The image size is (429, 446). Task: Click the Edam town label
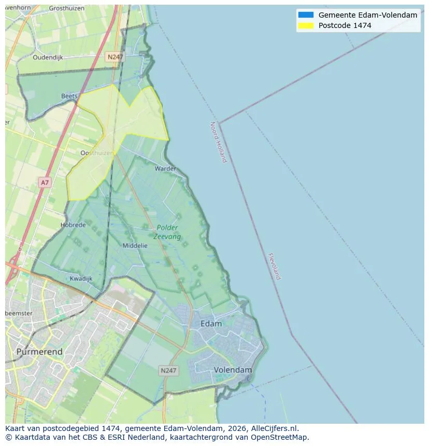tap(211, 324)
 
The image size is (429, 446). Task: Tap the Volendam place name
tap(233, 370)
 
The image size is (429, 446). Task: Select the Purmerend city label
tap(39, 352)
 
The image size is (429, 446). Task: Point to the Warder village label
tap(165, 168)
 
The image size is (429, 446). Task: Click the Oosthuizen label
tap(97, 153)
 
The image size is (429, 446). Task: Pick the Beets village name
tap(69, 96)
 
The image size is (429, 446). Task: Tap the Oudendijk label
tap(48, 57)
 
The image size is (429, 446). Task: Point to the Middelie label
tap(135, 246)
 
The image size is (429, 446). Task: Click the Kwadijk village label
tap(81, 278)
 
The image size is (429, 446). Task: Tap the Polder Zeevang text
tap(167, 232)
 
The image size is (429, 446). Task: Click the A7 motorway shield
tap(45, 182)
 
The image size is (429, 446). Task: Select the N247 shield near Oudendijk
tap(115, 57)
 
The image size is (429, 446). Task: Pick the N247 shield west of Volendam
tap(168, 370)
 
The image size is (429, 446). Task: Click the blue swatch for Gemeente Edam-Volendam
tap(306, 15)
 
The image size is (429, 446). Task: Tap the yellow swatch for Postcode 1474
tap(306, 25)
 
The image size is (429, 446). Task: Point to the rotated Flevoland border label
tap(274, 266)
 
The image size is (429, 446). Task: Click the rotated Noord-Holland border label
tap(218, 142)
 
